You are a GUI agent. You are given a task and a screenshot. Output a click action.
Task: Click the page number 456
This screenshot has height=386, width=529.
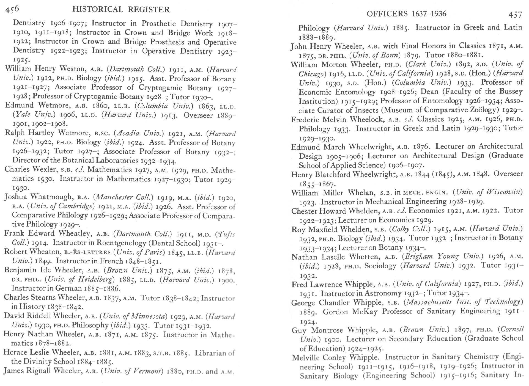click(x=12, y=9)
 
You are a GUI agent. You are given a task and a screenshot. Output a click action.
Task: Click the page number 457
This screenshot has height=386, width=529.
click(x=515, y=15)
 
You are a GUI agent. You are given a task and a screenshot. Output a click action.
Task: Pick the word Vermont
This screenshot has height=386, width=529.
click(x=147, y=371)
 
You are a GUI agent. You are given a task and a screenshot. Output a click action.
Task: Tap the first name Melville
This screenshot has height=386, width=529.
click(x=305, y=357)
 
